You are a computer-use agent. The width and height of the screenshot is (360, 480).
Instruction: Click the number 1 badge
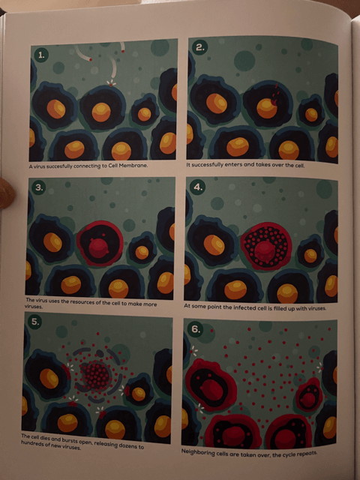tap(42, 55)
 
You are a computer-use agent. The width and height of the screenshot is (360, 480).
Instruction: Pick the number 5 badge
tap(35, 322)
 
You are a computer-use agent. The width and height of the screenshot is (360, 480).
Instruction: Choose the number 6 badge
tap(197, 328)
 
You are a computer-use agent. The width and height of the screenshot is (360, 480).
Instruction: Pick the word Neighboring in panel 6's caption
tap(203, 452)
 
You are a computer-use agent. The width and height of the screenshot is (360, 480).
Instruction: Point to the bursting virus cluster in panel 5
tap(95, 372)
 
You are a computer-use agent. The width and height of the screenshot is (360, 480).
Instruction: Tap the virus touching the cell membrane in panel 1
tap(112, 85)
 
